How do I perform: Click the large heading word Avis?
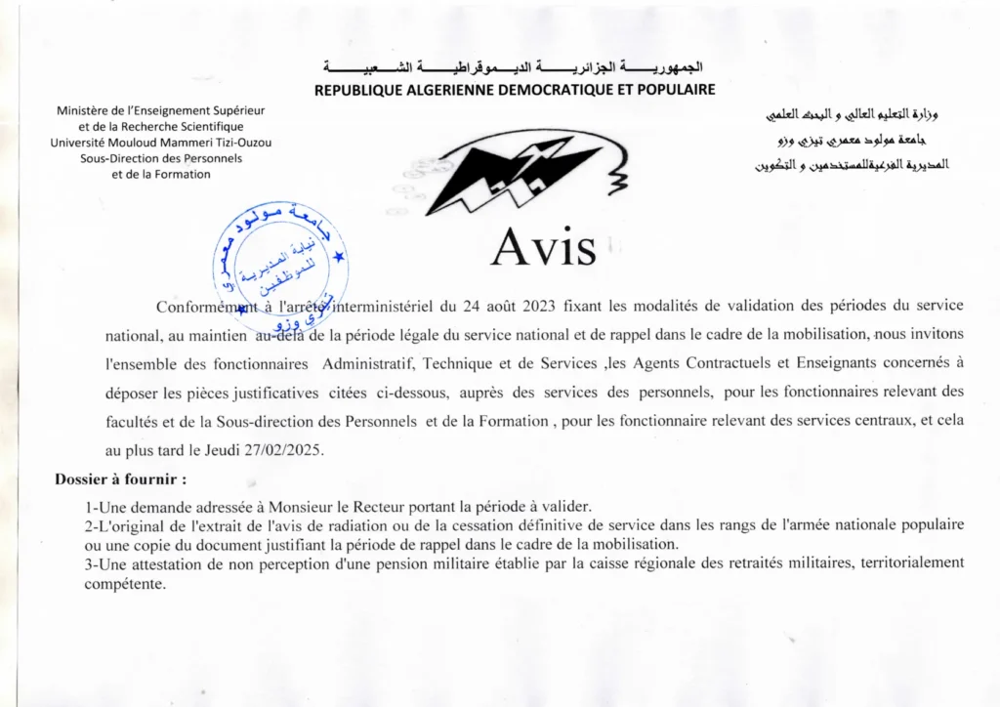543,247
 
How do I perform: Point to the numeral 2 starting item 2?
89,525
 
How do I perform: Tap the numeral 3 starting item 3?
89,562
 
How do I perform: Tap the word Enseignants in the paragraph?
871,363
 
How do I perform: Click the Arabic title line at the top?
513,67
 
